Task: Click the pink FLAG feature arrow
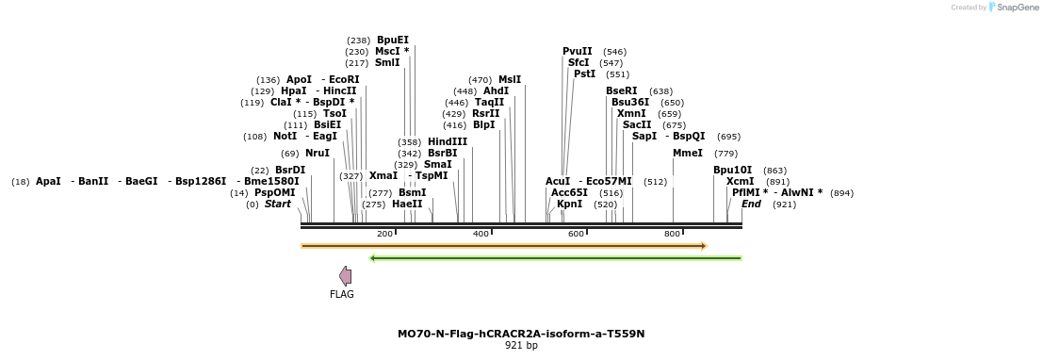pos(346,275)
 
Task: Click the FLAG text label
pos(342,295)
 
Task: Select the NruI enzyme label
pos(317,153)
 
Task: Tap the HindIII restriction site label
pos(447,141)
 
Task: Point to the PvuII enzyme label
pos(577,52)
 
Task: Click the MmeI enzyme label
pos(688,153)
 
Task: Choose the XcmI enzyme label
pos(740,181)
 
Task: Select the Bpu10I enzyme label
pos(732,170)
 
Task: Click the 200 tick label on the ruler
pos(384,234)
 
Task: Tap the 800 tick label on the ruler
pos(673,234)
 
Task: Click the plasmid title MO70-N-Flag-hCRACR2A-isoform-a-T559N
pos(521,334)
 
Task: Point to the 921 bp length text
pos(521,346)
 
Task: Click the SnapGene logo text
pos(1018,8)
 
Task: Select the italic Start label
pos(277,204)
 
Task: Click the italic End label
pos(751,204)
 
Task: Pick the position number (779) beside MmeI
pos(725,153)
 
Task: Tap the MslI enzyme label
pos(510,80)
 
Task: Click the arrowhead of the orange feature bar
pos(703,246)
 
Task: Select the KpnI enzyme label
pos(569,204)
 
